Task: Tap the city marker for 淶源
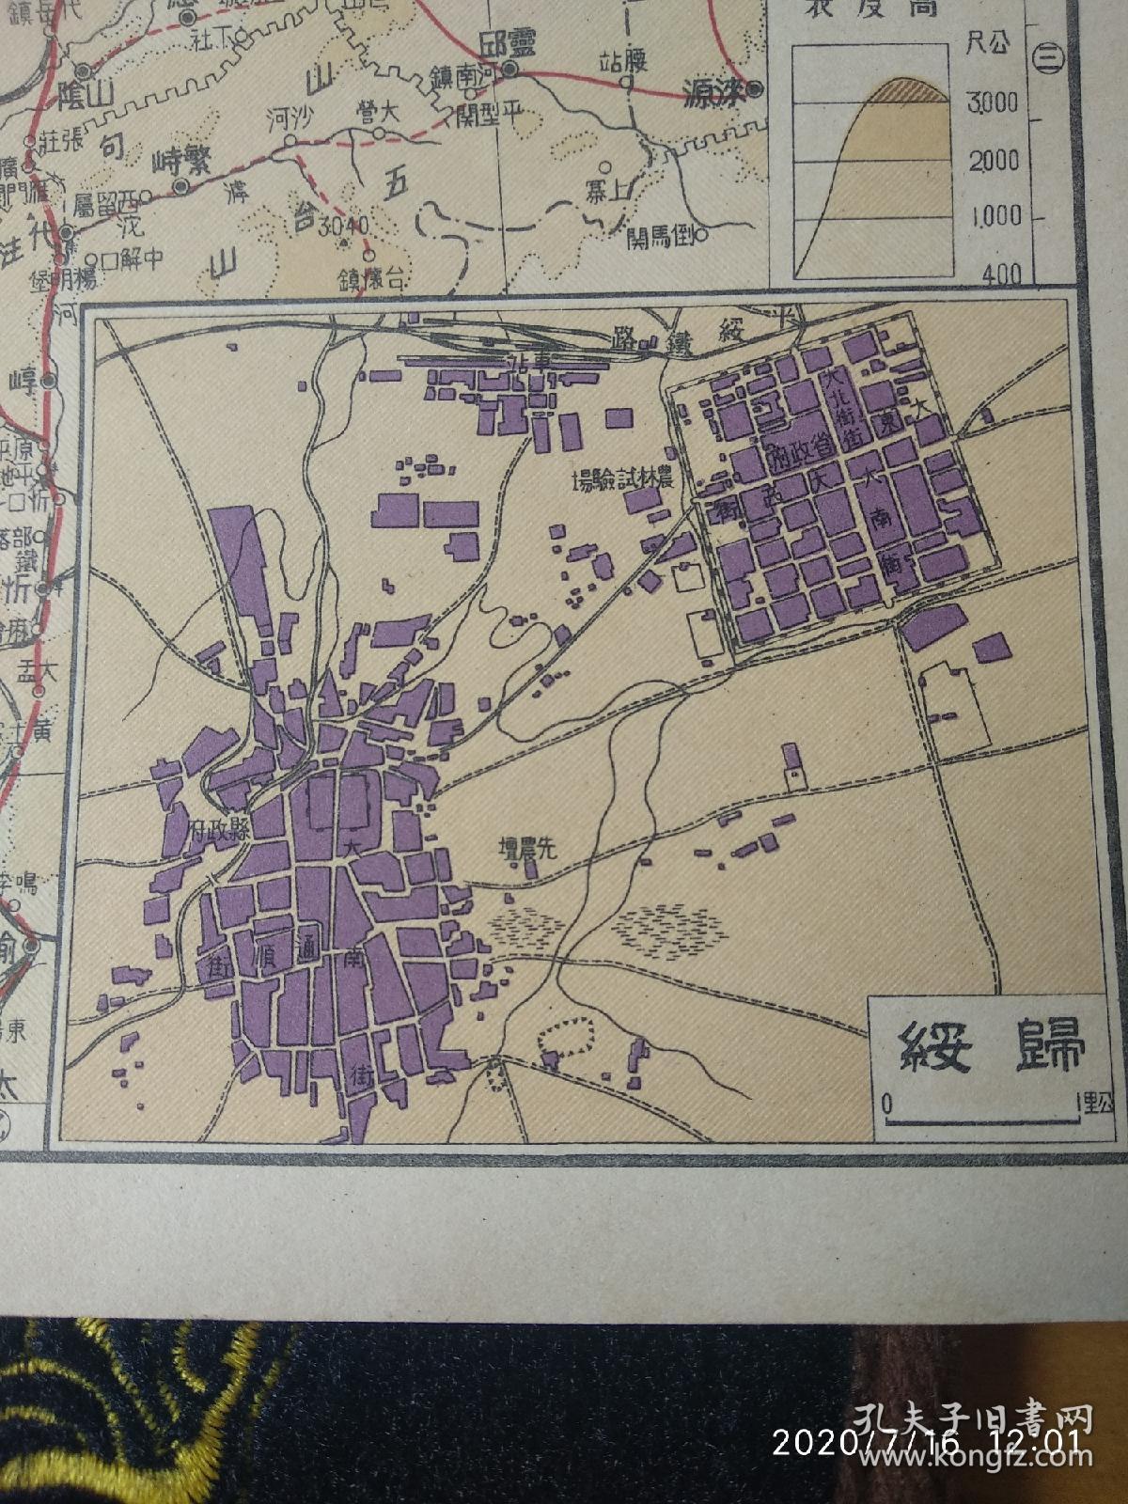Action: pos(755,89)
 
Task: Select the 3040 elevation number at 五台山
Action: pos(346,227)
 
